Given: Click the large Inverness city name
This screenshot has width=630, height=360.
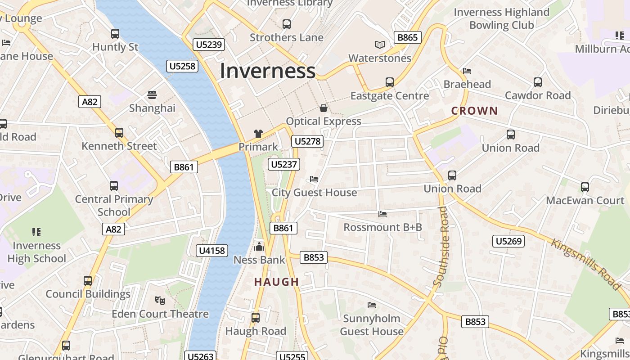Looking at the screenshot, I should (x=267, y=71).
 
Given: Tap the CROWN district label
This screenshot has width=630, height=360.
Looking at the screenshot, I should (x=474, y=111).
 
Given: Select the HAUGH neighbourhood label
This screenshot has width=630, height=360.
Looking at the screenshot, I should (x=276, y=282).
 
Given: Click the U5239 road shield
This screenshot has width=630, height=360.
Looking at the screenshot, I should (x=209, y=44).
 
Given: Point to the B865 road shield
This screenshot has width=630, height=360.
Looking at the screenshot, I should (x=407, y=37).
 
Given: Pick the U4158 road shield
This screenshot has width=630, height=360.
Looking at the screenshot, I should (x=212, y=251).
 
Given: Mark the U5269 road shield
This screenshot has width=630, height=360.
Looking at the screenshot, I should (x=508, y=241).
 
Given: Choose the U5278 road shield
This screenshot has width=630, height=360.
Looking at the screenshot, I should (x=307, y=141).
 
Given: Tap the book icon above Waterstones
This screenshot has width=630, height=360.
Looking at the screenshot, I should (x=380, y=45).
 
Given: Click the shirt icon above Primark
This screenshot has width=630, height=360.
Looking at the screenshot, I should (x=258, y=133).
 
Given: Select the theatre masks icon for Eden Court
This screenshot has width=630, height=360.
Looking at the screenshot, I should (x=159, y=300).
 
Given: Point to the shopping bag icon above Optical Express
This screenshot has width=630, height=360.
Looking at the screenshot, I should (x=323, y=108).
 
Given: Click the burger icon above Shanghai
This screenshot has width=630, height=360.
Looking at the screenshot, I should (x=152, y=95).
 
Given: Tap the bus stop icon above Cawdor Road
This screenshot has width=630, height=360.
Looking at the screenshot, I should (x=537, y=82).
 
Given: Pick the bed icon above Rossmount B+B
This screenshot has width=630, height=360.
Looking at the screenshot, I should (x=382, y=214).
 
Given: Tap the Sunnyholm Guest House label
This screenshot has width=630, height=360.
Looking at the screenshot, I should (x=372, y=325).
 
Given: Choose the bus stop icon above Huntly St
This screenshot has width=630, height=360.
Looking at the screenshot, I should (x=115, y=33).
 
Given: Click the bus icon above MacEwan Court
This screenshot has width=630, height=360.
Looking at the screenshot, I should (x=585, y=187).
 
